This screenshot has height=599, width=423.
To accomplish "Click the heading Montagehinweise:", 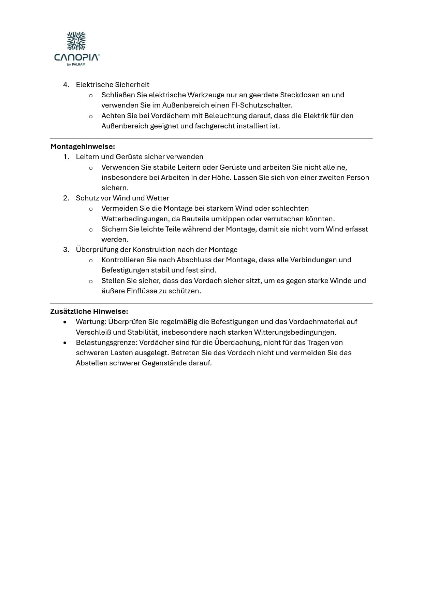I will point(83,147).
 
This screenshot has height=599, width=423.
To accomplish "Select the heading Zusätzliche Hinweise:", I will point(89,311).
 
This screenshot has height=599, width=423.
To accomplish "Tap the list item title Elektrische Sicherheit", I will point(113,85).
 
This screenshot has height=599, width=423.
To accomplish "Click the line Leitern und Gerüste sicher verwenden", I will point(140,157).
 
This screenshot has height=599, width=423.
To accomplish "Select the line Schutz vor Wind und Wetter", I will point(122,198).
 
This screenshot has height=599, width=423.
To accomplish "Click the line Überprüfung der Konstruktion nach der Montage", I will point(157,250).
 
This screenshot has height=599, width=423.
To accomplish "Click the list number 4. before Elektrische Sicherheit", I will point(66,85).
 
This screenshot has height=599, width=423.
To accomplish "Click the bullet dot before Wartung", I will point(65,322).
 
